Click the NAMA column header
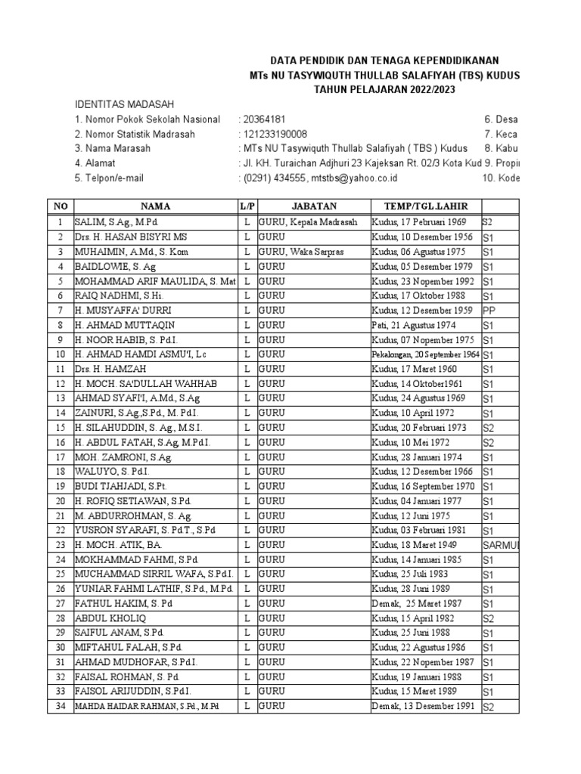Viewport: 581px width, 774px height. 154,206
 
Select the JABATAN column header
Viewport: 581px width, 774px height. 313,206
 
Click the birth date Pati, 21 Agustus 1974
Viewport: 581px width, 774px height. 412,325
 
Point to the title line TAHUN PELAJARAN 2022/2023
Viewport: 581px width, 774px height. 384,89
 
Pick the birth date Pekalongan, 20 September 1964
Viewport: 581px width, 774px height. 425,354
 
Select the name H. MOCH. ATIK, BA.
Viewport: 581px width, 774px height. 117,545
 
